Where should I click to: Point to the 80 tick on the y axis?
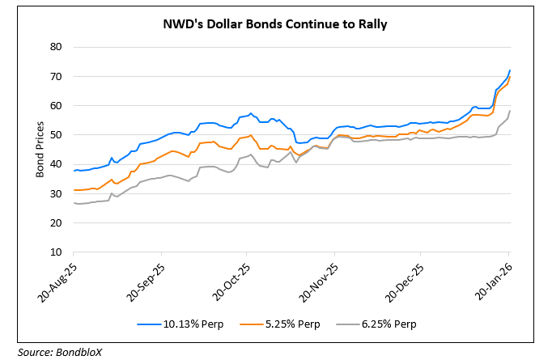tap(57, 47)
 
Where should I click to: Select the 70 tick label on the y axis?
tap(57, 76)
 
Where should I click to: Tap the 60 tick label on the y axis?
tap(57, 105)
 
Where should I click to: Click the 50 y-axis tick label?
tap(57, 135)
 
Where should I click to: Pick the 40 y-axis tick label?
tap(57, 164)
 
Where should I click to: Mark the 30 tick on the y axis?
tap(57, 193)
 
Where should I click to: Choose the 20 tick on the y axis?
tap(57, 223)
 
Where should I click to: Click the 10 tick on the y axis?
tap(57, 252)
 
